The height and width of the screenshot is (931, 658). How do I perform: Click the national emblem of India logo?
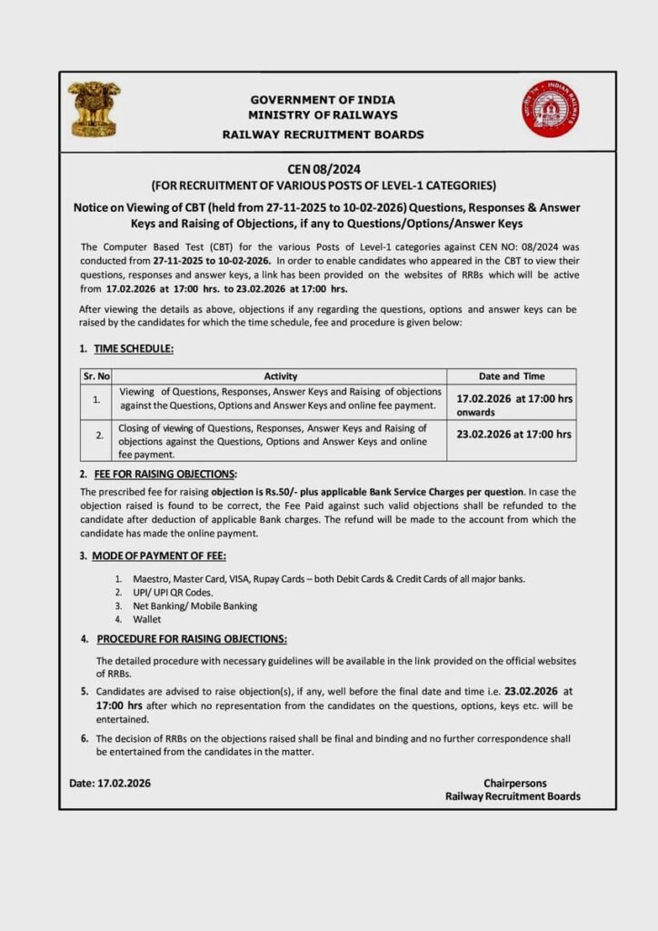pyautogui.click(x=94, y=109)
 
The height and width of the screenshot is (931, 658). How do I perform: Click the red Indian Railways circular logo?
pyautogui.click(x=550, y=108)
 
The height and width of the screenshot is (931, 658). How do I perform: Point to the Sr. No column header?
pyautogui.click(x=96, y=375)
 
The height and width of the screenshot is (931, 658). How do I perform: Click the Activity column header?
pyautogui.click(x=281, y=375)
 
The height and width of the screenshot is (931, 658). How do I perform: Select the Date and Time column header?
pyautogui.click(x=511, y=375)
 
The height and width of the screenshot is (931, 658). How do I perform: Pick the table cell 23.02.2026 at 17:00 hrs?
pyautogui.click(x=514, y=435)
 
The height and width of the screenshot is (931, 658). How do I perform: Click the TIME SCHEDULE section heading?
pyautogui.click(x=134, y=349)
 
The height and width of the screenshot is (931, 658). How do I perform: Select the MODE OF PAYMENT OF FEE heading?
pyautogui.click(x=159, y=556)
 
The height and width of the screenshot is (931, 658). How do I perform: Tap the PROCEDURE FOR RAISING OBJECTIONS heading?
pyautogui.click(x=192, y=638)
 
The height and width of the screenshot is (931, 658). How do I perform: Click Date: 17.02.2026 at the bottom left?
pyautogui.click(x=110, y=783)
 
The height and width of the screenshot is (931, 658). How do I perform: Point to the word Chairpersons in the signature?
pyautogui.click(x=514, y=783)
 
